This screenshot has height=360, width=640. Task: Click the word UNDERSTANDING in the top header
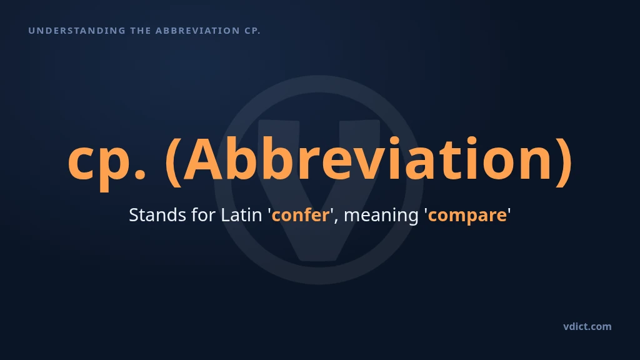click(x=77, y=31)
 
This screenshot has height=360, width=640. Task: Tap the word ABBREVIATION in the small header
click(x=197, y=31)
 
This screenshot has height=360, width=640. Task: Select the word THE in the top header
click(x=141, y=31)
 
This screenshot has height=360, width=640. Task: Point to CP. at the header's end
click(x=252, y=31)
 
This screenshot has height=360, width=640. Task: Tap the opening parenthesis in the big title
click(x=174, y=162)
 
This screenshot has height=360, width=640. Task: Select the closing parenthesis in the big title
click(x=564, y=162)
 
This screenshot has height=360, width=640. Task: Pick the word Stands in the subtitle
click(x=157, y=215)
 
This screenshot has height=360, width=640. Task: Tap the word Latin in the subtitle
click(x=241, y=215)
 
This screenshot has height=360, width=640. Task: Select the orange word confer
click(x=301, y=215)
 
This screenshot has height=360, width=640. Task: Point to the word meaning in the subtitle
click(x=381, y=217)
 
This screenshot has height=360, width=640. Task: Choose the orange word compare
click(x=467, y=217)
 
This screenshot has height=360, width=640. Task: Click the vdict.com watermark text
click(x=587, y=326)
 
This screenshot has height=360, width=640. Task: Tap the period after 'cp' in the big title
click(x=139, y=174)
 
